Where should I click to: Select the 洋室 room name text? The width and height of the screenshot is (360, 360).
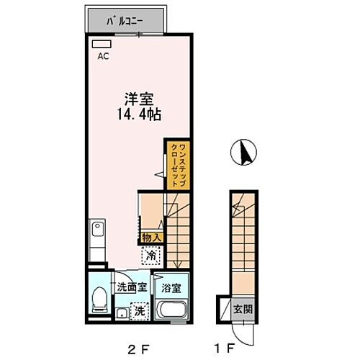tap(132, 99)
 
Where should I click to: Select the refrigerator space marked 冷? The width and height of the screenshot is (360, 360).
tap(152, 254)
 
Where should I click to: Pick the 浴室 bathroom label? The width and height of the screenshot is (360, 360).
tap(171, 287)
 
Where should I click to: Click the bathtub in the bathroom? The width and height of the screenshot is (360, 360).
tap(173, 311)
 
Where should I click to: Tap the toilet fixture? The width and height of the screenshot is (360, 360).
tap(99, 301)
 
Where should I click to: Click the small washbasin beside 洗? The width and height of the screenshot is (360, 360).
tap(122, 312)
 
